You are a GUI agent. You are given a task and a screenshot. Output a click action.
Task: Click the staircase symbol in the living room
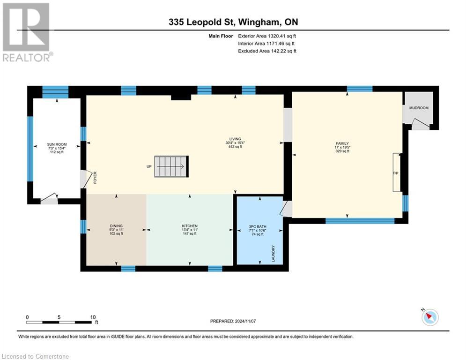pos(171,166)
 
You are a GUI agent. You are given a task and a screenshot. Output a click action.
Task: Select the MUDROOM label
pos(419,108)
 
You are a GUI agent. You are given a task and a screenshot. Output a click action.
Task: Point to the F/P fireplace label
pos(395,173)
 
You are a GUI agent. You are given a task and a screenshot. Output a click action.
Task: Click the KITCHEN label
pos(189,226)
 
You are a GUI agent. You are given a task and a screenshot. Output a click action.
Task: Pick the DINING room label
pos(115,226)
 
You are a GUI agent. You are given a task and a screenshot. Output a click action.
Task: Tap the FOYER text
pos(95,178)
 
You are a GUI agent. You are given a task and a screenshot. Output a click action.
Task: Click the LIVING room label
pos(235,139)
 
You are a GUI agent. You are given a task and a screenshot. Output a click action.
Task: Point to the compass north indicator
pos(429,317)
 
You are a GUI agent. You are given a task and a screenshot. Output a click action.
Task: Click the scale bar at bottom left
pos(59,322)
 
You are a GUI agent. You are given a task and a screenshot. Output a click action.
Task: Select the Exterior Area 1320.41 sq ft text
pos(267,36)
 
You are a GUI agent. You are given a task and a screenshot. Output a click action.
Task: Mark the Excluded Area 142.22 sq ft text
pos(267,51)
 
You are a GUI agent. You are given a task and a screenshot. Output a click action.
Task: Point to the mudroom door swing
pos(420,123)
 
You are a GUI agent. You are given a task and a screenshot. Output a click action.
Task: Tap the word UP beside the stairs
pos(149,167)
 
